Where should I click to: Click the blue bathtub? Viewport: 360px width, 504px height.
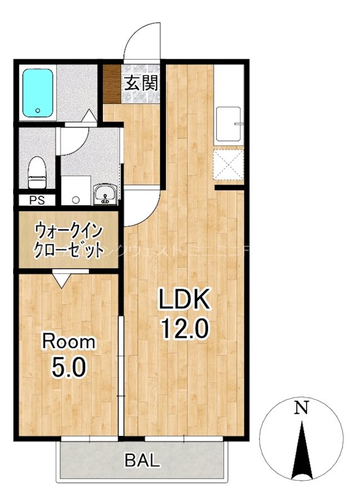pyautogui.click(x=39, y=93)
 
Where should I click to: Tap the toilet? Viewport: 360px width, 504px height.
pyautogui.click(x=37, y=173)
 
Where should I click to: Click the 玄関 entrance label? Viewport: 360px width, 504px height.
pyautogui.click(x=140, y=83)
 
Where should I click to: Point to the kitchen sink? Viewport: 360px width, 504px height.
pyautogui.click(x=228, y=125)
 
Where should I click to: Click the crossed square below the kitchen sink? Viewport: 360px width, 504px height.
pyautogui.click(x=228, y=166)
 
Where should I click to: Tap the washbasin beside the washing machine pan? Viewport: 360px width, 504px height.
pyautogui.click(x=105, y=195)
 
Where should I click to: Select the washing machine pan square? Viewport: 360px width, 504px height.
pyautogui.click(x=76, y=192)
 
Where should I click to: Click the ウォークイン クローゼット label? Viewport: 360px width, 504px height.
pyautogui.click(x=69, y=239)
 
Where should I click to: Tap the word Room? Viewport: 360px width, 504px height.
pyautogui.click(x=69, y=342)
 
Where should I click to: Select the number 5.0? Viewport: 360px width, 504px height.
pyautogui.click(x=69, y=367)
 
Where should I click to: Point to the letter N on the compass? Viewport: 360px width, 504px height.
pyautogui.click(x=303, y=408)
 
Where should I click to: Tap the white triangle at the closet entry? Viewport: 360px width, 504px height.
pyautogui.click(x=62, y=278)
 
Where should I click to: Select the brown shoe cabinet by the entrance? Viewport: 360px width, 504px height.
pyautogui.click(x=111, y=84)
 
